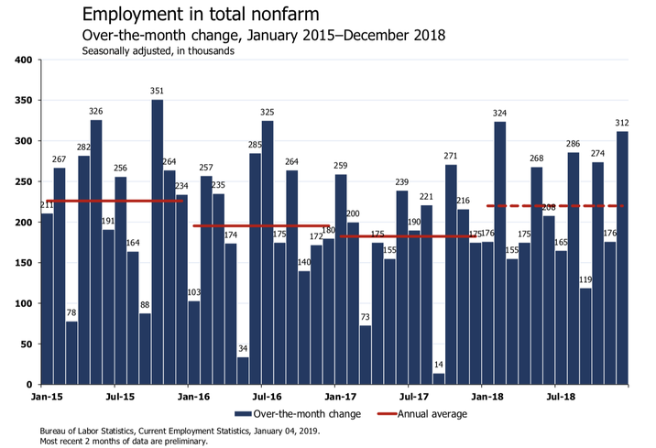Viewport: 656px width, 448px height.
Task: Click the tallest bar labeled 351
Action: pyautogui.click(x=158, y=242)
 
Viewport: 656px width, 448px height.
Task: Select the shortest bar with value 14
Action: pyautogui.click(x=439, y=378)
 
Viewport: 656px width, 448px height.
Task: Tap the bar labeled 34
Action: pyautogui.click(x=243, y=370)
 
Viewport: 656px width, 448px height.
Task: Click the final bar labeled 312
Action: pyautogui.click(x=622, y=257)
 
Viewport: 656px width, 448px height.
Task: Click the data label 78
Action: pyautogui.click(x=71, y=313)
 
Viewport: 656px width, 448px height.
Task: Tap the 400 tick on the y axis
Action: pyautogui.click(x=23, y=60)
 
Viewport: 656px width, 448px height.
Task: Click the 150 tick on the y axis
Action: pyautogui.click(x=23, y=263)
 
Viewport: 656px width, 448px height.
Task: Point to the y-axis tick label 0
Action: pyautogui.click(x=29, y=385)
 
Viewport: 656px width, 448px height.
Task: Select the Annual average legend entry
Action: pyautogui.click(x=432, y=414)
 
